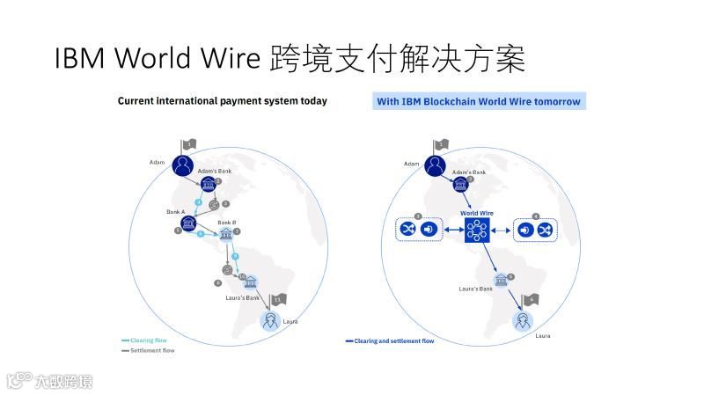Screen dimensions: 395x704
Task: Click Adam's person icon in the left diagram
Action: (183, 165)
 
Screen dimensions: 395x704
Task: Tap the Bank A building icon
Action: (187, 223)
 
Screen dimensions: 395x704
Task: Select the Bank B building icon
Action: (226, 235)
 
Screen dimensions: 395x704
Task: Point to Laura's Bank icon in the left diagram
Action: (251, 282)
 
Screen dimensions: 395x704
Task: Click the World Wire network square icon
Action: (476, 230)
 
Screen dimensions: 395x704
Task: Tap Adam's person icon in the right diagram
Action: (436, 165)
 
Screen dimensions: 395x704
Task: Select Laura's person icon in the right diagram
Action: (525, 319)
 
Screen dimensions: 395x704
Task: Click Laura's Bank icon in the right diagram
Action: (502, 280)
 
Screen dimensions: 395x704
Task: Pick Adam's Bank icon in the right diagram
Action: (460, 185)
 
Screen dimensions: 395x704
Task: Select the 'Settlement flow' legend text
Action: (152, 350)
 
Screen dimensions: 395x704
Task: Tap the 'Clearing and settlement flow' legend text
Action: (393, 340)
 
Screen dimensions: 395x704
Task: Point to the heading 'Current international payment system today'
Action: (222, 101)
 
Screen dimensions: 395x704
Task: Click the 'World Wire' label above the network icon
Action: (476, 213)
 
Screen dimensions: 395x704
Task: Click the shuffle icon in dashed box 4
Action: (545, 230)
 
